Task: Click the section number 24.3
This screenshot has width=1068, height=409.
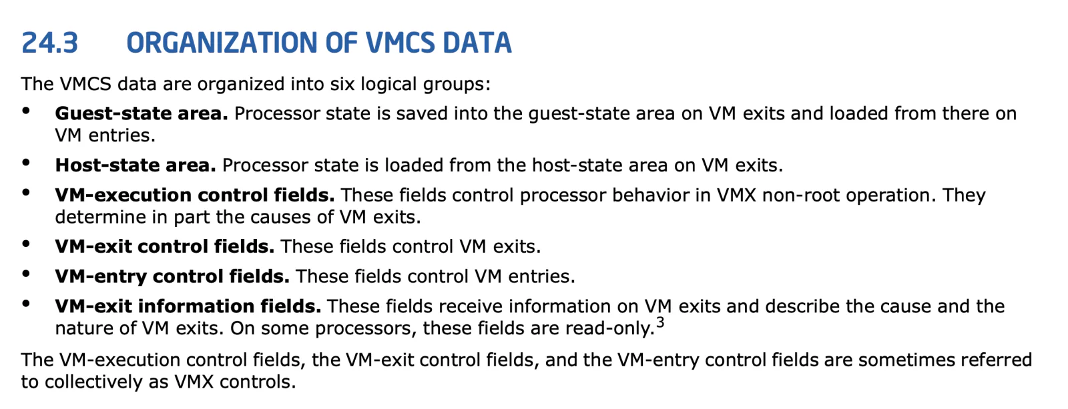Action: pyautogui.click(x=49, y=43)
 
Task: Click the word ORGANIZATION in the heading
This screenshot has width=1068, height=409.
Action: pyautogui.click(x=222, y=43)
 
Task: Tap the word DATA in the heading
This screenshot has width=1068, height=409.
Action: pyautogui.click(x=477, y=43)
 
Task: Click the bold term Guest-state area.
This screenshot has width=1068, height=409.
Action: pyautogui.click(x=142, y=113)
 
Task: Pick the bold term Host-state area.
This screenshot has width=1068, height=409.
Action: pyautogui.click(x=136, y=165)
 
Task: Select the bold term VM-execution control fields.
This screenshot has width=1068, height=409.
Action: pyautogui.click(x=194, y=195)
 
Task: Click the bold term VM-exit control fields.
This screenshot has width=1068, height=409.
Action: pyautogui.click(x=164, y=246)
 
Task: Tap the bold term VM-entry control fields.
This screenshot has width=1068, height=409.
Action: pyautogui.click(x=172, y=276)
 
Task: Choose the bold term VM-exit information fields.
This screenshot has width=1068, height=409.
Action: pyautogui.click(x=188, y=306)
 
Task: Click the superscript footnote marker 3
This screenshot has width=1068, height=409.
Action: pyautogui.click(x=660, y=323)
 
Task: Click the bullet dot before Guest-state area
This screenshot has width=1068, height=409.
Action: pyautogui.click(x=26, y=111)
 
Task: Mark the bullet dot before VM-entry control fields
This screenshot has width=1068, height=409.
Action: pyautogui.click(x=26, y=274)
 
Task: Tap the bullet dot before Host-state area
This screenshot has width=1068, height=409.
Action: pyautogui.click(x=26, y=163)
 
